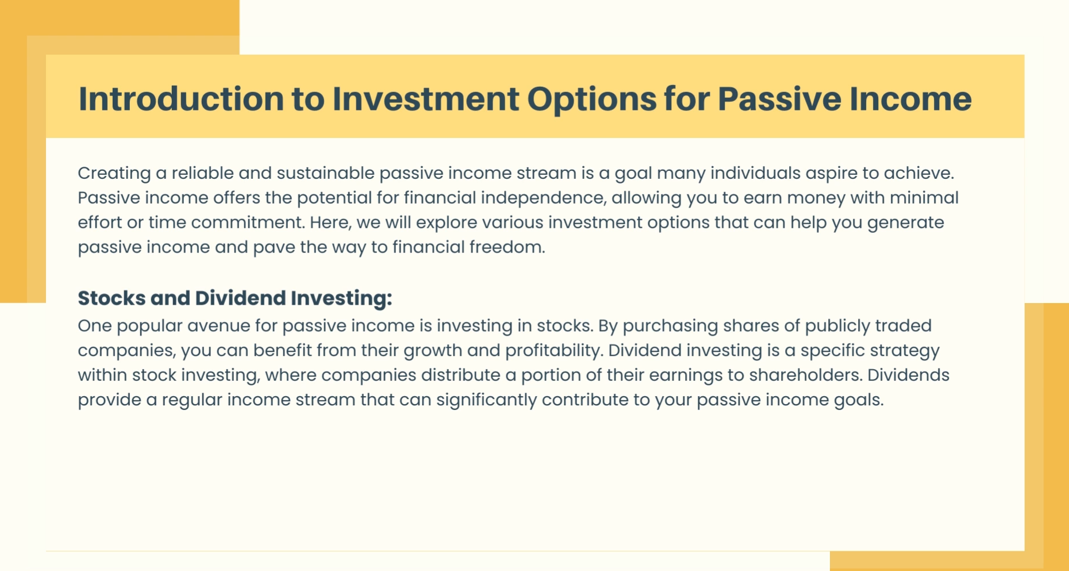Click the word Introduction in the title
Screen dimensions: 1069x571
click(181, 98)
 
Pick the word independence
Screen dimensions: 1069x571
click(543, 198)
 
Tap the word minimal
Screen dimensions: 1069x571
click(924, 197)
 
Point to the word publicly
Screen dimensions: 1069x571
click(837, 326)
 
